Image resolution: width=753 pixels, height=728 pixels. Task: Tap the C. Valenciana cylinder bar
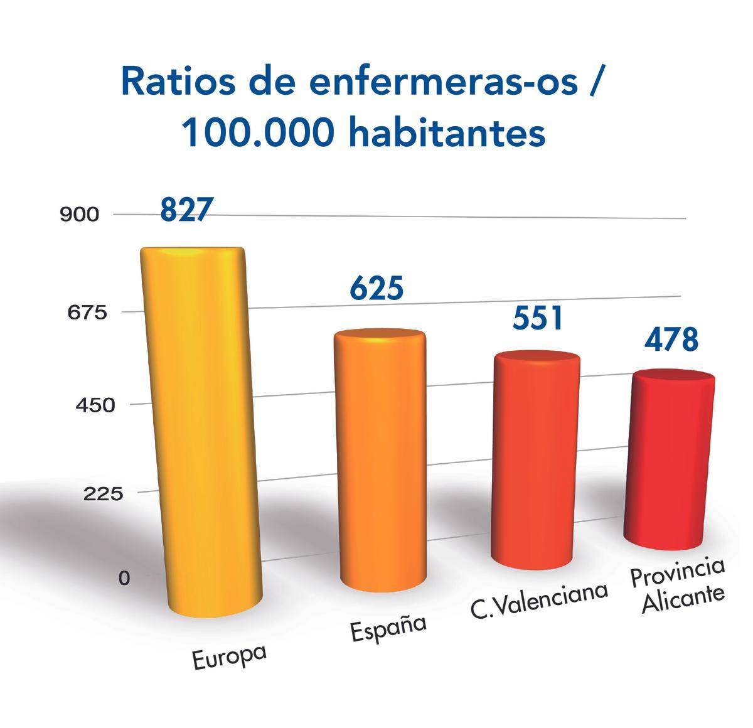click(535, 461)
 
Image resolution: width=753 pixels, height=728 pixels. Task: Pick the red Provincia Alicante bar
click(670, 458)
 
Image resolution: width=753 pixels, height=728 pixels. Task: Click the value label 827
click(187, 210)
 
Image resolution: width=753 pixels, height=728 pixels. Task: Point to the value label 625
click(376, 288)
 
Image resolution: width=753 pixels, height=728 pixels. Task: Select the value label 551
click(538, 318)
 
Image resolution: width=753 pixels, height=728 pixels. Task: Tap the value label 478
click(671, 340)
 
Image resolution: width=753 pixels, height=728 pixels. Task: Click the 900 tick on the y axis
click(79, 215)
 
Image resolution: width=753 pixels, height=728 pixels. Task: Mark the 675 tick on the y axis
click(79, 313)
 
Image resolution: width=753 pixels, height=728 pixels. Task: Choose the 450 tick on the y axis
click(95, 405)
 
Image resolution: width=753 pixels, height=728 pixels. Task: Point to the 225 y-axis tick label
click(103, 495)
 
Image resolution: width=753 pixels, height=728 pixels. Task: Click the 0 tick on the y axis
click(124, 578)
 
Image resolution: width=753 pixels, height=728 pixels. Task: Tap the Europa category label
click(229, 656)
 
